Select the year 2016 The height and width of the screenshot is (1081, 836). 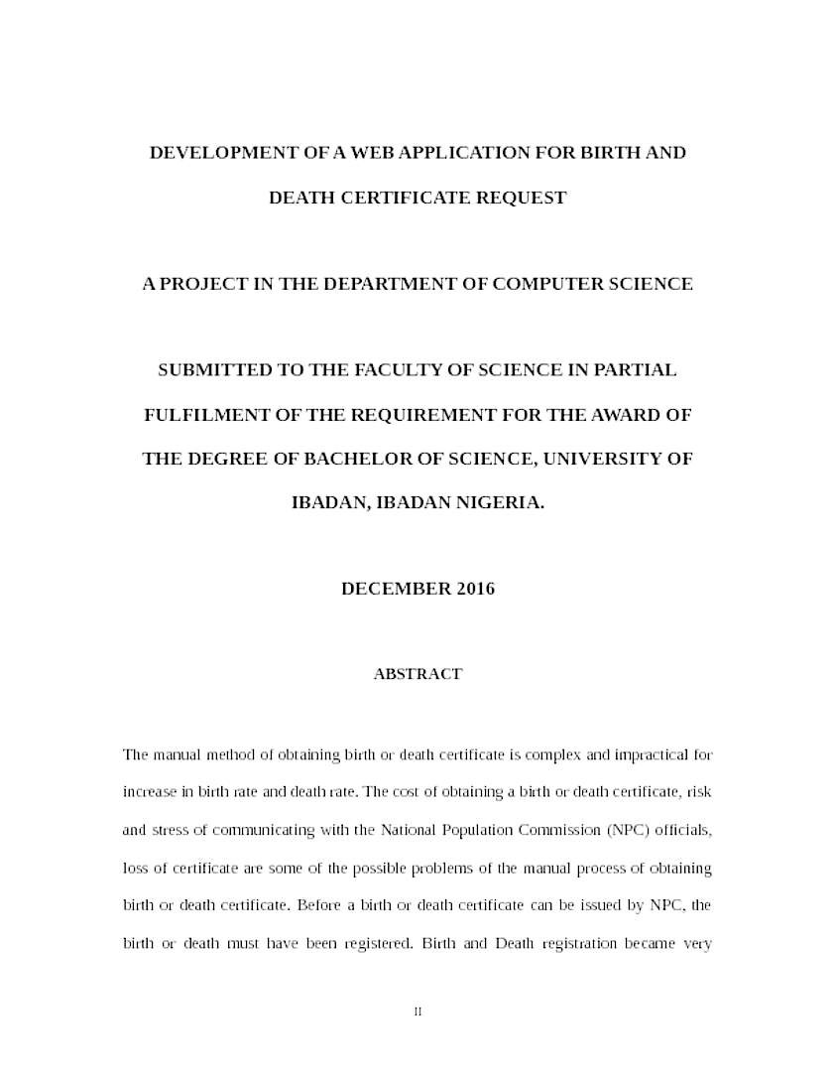[476, 589]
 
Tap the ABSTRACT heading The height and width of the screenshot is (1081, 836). [418, 674]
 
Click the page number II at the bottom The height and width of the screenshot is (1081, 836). [418, 1012]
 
